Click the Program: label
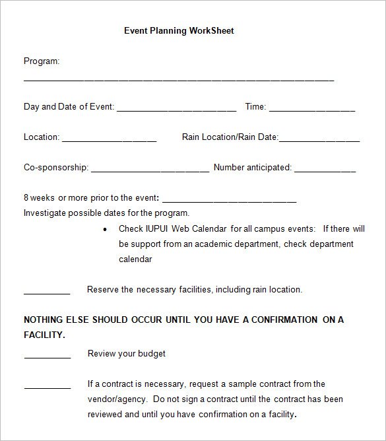point(42,61)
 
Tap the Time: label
point(255,106)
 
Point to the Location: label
point(42,137)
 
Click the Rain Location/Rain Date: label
point(230,137)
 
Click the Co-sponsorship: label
point(56,168)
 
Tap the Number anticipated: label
point(252,168)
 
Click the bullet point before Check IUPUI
point(106,229)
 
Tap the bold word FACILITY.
point(44,335)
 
